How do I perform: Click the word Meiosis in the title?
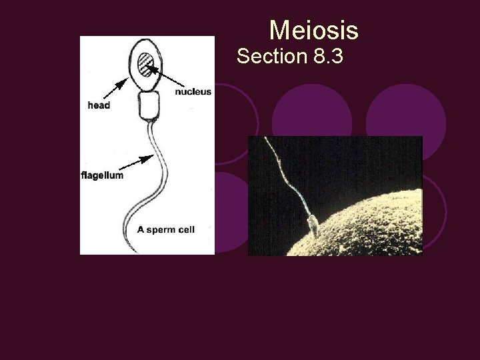[x=313, y=31]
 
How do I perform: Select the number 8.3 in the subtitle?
[x=327, y=57]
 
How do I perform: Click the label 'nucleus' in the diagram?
[x=193, y=92]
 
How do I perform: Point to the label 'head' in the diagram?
[x=99, y=105]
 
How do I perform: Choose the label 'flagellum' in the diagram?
[x=102, y=175]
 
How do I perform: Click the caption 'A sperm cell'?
[x=166, y=229]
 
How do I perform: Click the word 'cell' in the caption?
[x=187, y=229]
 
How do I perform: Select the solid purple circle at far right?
[x=405, y=113]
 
